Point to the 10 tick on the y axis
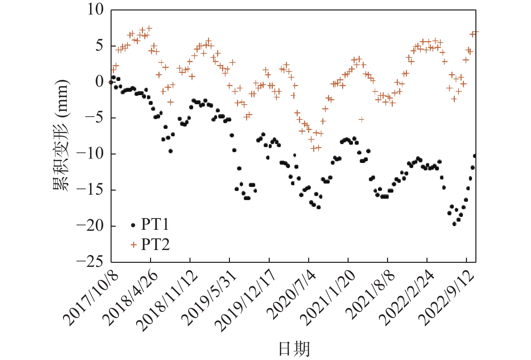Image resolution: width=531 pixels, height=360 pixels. point(95,10)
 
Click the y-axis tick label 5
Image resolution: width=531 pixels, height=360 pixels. point(99,46)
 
